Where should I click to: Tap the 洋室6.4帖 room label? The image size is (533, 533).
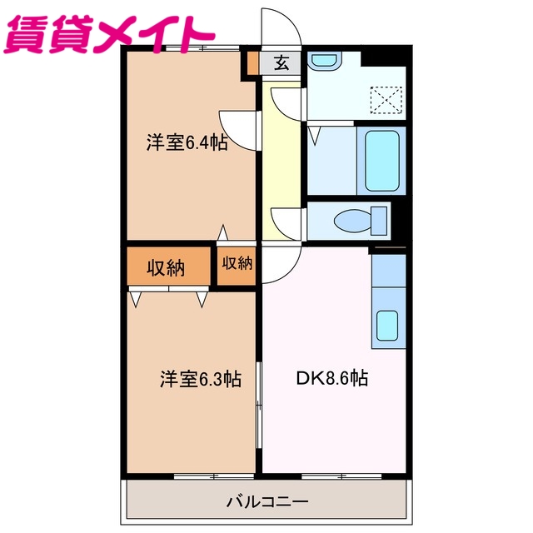click(x=187, y=142)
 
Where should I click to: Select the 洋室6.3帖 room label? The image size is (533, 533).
click(x=201, y=379)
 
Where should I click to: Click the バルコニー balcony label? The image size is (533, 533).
click(x=266, y=502)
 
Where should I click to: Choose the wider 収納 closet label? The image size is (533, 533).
click(x=167, y=267)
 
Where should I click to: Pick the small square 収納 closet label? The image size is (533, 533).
click(x=237, y=263)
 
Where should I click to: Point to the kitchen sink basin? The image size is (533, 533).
click(x=388, y=323)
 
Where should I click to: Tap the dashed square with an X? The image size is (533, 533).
click(x=386, y=101)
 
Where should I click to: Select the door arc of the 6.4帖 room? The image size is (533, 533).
click(x=237, y=128)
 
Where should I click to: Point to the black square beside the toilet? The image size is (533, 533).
click(x=400, y=219)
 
